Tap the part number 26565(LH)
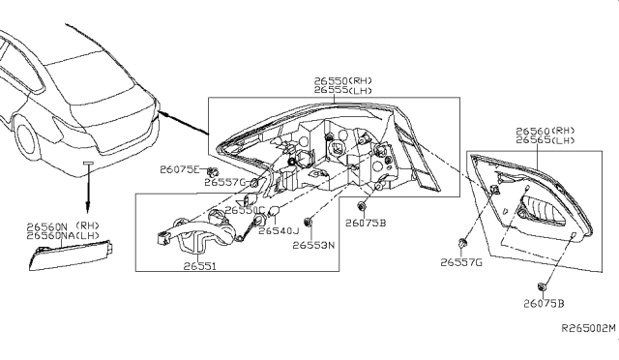point(545,139)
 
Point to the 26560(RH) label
point(545,130)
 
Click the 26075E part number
point(180,169)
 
